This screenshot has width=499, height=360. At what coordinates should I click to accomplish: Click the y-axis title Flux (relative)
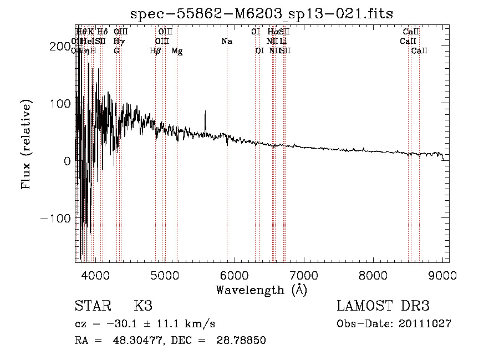26,145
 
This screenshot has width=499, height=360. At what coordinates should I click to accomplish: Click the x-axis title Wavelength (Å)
261,290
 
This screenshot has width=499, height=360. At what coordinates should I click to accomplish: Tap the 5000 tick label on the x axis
165,275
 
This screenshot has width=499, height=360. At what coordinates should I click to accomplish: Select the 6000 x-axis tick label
235,275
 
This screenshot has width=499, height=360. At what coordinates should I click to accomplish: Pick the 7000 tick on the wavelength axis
304,275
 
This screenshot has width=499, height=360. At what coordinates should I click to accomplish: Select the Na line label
226,41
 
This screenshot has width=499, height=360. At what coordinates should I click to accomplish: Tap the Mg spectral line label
177,51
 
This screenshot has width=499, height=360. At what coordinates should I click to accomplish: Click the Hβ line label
155,51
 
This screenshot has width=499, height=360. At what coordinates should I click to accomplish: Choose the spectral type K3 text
142,306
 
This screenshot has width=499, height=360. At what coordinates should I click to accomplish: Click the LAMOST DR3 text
383,306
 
